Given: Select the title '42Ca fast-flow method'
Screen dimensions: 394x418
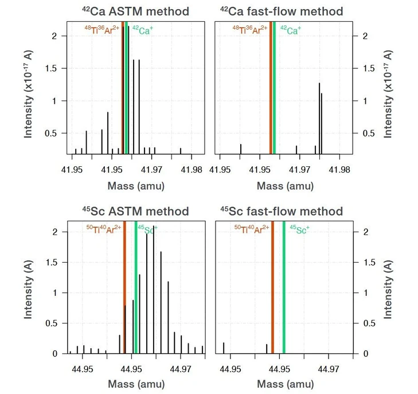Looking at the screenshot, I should click(282, 11).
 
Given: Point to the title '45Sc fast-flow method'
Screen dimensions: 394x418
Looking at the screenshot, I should click(282, 212).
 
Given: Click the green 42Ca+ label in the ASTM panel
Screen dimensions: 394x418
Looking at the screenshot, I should click(142, 31).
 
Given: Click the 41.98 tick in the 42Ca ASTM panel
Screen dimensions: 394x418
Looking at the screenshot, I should click(192, 170).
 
